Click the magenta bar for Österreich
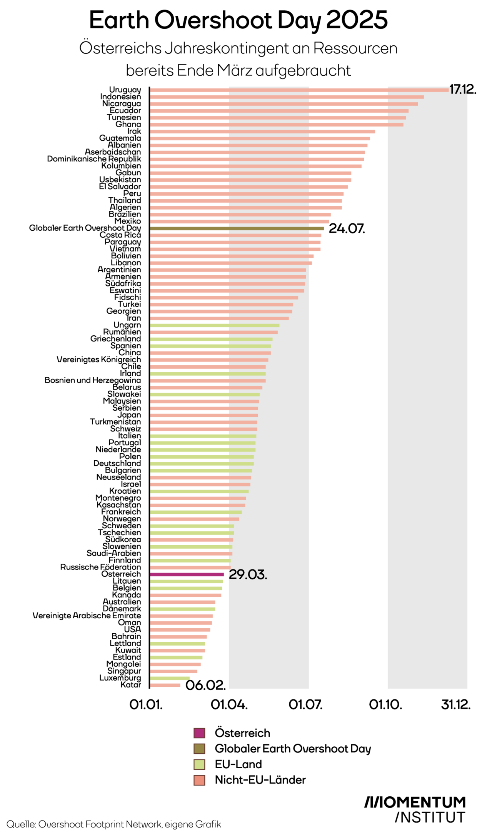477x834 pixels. point(187,574)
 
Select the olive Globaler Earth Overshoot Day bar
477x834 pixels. point(237,228)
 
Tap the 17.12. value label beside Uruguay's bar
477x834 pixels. point(463,90)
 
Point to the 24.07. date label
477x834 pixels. point(347,228)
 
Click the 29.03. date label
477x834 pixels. point(248,574)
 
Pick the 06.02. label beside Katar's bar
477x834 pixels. point(205,685)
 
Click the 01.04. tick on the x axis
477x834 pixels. point(229,705)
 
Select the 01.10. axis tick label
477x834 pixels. point(385,705)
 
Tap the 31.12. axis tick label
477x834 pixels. point(456,705)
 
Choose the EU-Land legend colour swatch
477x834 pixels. point(199,764)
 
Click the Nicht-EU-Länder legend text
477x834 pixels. point(260,780)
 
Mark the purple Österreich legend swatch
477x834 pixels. point(199,733)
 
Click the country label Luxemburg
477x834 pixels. point(120,678)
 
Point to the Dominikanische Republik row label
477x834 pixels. point(94,159)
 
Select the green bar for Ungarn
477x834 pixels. point(214,325)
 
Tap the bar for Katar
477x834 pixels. point(165,685)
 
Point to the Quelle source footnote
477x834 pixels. point(114,824)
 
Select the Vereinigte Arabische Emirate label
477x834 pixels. point(87,616)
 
